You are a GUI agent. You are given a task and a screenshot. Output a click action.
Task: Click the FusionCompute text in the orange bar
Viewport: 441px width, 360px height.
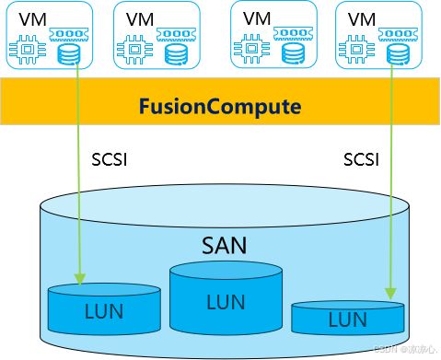click(220, 107)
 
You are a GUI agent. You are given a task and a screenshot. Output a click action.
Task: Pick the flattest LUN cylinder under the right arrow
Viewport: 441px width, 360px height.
click(347, 318)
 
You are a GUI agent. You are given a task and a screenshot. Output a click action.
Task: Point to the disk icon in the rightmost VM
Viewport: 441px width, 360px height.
click(397, 52)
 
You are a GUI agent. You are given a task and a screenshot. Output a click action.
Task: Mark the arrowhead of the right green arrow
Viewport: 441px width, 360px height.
click(396, 296)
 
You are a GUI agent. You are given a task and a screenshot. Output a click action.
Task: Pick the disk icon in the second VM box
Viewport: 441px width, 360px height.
click(178, 54)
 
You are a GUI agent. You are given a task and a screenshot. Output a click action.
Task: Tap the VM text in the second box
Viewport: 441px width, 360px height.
click(140, 17)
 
